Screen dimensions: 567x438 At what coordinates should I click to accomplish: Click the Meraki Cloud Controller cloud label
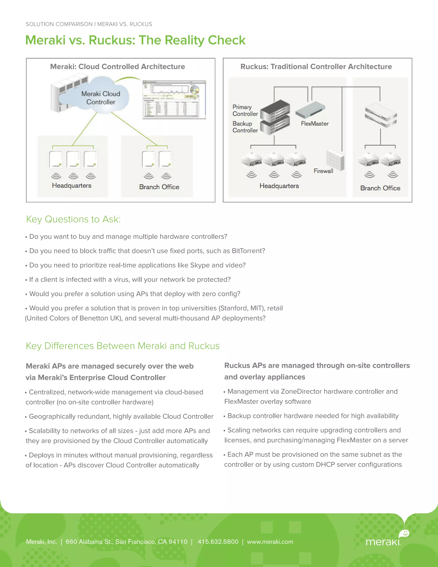pyautogui.click(x=101, y=98)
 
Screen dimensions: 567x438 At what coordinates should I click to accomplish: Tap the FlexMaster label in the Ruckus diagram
pyautogui.click(x=314, y=124)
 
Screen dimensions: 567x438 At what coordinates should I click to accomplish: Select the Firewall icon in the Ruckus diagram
pyautogui.click(x=335, y=159)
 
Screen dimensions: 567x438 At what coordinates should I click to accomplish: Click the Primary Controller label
pyautogui.click(x=245, y=110)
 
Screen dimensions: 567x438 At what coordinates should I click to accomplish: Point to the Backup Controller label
pyautogui.click(x=245, y=127)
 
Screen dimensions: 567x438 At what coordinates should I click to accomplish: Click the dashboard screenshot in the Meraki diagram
pyautogui.click(x=174, y=99)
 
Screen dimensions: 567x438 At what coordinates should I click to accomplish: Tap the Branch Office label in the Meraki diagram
pyautogui.click(x=159, y=187)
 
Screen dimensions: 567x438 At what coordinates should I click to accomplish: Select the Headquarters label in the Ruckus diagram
pyautogui.click(x=279, y=186)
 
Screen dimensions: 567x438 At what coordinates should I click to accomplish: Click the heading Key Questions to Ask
pyautogui.click(x=73, y=219)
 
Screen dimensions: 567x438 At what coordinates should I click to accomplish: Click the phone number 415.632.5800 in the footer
pyautogui.click(x=218, y=542)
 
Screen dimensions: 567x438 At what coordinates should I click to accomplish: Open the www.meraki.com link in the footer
pyautogui.click(x=270, y=542)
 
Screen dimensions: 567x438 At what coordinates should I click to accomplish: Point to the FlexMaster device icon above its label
pyautogui.click(x=310, y=110)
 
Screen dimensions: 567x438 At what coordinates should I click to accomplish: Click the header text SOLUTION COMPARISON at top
pyautogui.click(x=59, y=24)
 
